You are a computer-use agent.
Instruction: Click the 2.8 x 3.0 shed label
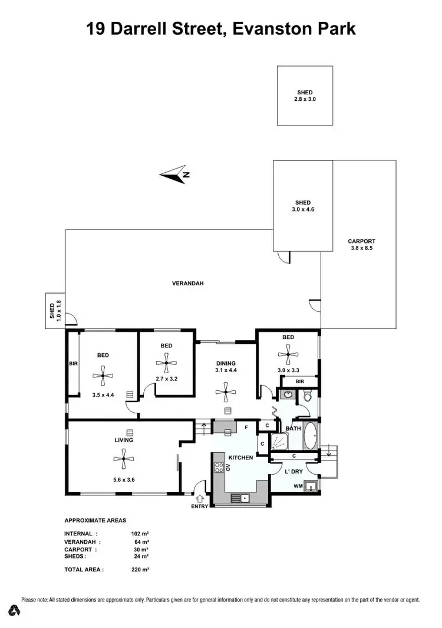[x=305, y=96]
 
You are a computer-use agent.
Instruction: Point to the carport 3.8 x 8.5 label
[x=361, y=245]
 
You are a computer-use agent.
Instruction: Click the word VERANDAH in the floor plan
[x=187, y=284]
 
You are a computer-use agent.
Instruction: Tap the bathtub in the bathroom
[x=310, y=437]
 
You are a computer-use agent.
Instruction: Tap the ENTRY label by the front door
[x=199, y=507]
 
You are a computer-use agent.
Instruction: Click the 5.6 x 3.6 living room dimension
[x=123, y=479]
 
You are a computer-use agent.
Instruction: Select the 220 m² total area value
[x=140, y=570]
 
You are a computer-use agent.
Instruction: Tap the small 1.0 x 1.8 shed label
[x=55, y=310]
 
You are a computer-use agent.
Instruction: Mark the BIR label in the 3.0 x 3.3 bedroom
[x=299, y=382]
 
